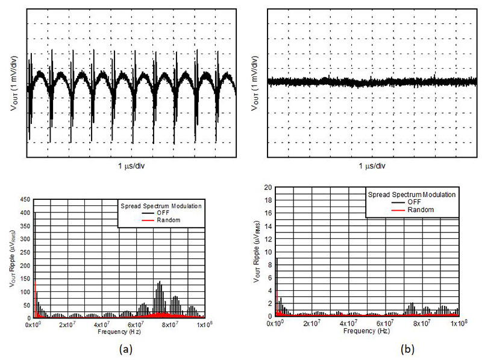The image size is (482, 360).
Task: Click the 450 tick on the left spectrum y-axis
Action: pos(26,200)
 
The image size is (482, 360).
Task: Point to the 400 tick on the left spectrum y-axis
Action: pos(26,213)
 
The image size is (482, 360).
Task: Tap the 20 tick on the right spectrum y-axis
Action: pos(269,187)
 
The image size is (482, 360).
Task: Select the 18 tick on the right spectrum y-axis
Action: pos(269,200)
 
